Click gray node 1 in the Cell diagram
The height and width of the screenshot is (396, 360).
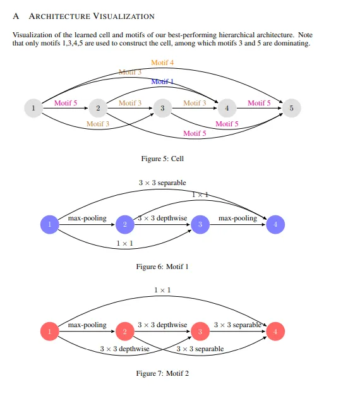tap(33, 108)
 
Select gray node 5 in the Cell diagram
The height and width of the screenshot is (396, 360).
tap(292, 108)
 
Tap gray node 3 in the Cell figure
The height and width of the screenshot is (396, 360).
tap(162, 108)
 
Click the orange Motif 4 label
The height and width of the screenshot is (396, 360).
tap(162, 63)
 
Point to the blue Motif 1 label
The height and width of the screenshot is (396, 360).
tap(162, 81)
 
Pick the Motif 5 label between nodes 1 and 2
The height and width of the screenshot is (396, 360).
tap(66, 103)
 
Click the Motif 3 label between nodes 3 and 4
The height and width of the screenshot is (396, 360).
tap(195, 103)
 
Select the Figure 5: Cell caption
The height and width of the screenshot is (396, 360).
tap(162, 159)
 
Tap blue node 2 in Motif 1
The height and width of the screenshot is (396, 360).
tap(125, 224)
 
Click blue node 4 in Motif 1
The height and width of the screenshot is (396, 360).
tap(275, 224)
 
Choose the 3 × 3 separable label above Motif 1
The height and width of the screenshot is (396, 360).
tap(162, 183)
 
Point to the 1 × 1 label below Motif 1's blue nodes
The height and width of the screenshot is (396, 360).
tap(125, 243)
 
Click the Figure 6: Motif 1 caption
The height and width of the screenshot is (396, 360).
tap(162, 267)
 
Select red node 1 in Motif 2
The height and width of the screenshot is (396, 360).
tap(50, 332)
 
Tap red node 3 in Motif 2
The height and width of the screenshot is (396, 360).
tap(200, 332)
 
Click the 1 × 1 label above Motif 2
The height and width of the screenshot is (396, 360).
tap(162, 290)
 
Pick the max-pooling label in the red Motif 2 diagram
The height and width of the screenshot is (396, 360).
tap(87, 325)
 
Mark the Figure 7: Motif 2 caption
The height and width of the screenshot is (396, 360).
tap(162, 373)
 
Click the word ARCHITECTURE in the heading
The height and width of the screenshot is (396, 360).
tap(59, 16)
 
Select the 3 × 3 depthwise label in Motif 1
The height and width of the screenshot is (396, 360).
tap(162, 218)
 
